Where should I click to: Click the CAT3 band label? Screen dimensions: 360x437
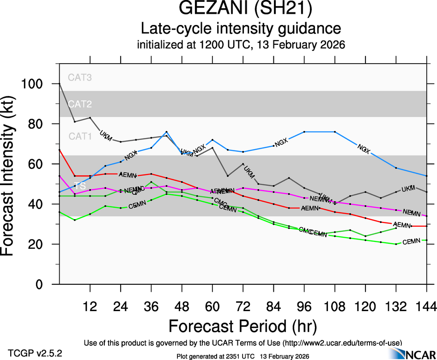click(80, 78)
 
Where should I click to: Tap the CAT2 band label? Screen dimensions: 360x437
click(80, 104)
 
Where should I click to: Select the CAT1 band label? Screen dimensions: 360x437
click(80, 136)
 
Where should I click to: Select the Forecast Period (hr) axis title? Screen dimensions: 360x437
click(243, 326)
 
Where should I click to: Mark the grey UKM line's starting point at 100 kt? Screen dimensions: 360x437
click(60, 84)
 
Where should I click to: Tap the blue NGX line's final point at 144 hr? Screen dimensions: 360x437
click(426, 176)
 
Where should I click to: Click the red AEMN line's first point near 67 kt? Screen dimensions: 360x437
click(60, 150)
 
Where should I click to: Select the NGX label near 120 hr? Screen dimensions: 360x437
click(364, 149)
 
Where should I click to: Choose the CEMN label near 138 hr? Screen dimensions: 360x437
click(411, 242)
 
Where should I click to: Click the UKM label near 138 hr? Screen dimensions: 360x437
click(408, 189)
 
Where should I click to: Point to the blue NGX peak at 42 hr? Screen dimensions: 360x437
click(166, 132)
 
